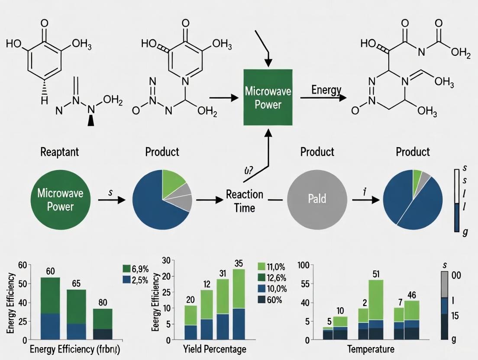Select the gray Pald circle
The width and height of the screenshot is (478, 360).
(x=317, y=199)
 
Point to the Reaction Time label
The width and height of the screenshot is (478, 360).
(x=244, y=201)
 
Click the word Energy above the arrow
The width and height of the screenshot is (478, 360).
(x=326, y=90)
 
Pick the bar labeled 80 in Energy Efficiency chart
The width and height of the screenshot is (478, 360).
(x=103, y=324)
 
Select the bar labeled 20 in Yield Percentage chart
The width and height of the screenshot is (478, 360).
(x=191, y=322)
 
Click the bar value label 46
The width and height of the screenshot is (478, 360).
(x=412, y=296)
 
